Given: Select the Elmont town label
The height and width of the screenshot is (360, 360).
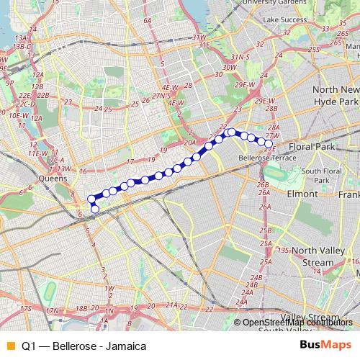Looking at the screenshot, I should pyautogui.click(x=302, y=194).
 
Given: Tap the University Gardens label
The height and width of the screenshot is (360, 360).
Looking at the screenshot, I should pyautogui.click(x=283, y=3).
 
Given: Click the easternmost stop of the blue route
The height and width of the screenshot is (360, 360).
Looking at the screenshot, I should pyautogui.click(x=269, y=145).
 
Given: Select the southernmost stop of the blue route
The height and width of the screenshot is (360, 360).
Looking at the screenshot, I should pyautogui.click(x=95, y=210).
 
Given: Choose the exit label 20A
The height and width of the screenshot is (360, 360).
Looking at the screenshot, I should pyautogui.click(x=189, y=143).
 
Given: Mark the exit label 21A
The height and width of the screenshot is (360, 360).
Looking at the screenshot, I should pyautogui.click(x=172, y=305).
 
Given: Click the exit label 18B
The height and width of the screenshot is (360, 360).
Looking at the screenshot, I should pyautogui.click(x=83, y=308).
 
